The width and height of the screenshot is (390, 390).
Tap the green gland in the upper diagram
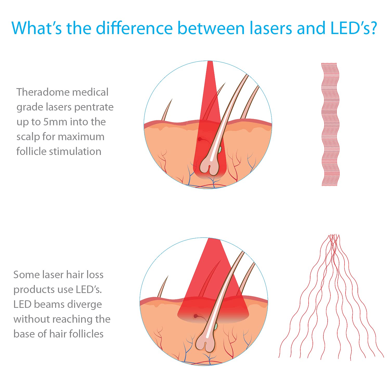(220, 149)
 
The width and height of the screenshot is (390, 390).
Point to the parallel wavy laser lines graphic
(330, 124)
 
